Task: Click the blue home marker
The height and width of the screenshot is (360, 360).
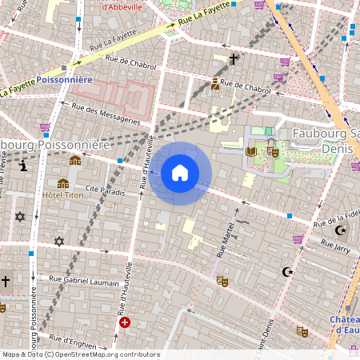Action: pos(180,173)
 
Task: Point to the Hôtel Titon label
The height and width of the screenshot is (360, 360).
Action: pos(63,196)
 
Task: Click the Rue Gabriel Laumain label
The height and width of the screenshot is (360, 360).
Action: pos(83,280)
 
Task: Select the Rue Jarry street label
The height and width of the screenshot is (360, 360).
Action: pos(330,249)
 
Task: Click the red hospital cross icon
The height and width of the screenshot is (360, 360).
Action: pos(124,322)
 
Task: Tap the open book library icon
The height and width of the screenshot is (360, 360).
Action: pos(252,150)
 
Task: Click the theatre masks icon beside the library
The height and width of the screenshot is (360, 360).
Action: pos(272,150)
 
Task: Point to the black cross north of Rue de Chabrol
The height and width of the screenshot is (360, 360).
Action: pos(234,59)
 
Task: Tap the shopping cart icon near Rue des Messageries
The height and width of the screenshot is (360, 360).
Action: pos(45,126)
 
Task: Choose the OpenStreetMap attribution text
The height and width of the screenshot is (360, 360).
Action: pos(81,354)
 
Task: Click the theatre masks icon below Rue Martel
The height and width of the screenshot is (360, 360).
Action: pos(222,281)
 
